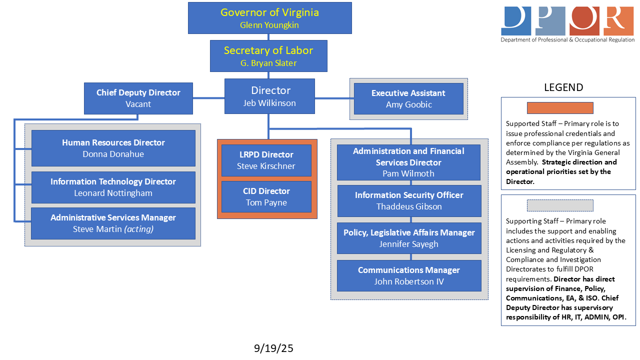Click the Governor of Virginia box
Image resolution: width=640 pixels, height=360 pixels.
(269, 18)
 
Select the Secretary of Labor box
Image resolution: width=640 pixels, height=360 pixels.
(268, 56)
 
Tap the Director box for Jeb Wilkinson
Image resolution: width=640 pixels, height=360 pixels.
(269, 96)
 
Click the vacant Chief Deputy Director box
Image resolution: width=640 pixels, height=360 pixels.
(138, 98)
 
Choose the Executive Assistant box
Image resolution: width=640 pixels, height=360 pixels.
(408, 98)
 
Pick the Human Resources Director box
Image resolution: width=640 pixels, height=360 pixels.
(113, 148)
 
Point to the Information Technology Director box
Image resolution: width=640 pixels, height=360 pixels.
(113, 187)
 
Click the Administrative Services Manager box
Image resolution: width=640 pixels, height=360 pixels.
(113, 223)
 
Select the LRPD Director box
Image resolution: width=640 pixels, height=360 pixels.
(266, 160)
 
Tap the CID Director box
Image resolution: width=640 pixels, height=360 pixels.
(266, 196)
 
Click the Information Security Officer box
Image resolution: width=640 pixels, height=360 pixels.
(409, 200)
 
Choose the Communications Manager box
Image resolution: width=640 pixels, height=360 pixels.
(409, 275)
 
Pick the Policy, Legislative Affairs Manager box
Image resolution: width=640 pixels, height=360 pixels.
(409, 238)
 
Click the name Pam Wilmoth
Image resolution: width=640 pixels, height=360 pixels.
(408, 173)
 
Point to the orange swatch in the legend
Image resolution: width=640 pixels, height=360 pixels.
(560, 108)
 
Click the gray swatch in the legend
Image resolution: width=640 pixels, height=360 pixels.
(560, 205)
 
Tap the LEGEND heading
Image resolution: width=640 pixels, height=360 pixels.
(563, 87)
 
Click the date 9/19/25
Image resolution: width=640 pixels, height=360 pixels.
(273, 348)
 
